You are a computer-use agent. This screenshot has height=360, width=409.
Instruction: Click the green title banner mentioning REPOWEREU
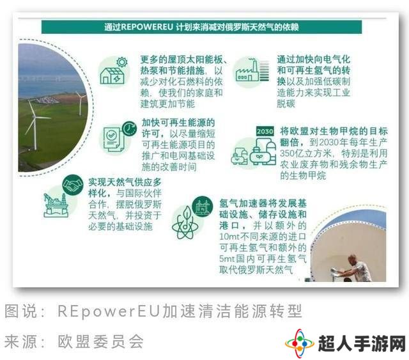201,27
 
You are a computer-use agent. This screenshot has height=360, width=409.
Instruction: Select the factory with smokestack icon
247,70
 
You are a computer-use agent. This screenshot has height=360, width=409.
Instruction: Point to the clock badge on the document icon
129,128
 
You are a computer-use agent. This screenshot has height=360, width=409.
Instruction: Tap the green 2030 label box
265,131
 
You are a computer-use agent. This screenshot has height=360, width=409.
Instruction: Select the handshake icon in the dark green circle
73,185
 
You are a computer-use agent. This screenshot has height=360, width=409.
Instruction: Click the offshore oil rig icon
56,205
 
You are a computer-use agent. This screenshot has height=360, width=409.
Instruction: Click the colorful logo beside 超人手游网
300,343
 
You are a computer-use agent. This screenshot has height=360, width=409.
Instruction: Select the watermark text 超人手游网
362,343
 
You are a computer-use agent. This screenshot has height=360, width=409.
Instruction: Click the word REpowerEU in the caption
109,311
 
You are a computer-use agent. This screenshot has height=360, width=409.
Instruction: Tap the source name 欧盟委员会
100,341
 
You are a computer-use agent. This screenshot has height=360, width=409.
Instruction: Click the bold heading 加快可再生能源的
178,122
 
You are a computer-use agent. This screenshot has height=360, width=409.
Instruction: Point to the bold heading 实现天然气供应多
125,182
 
